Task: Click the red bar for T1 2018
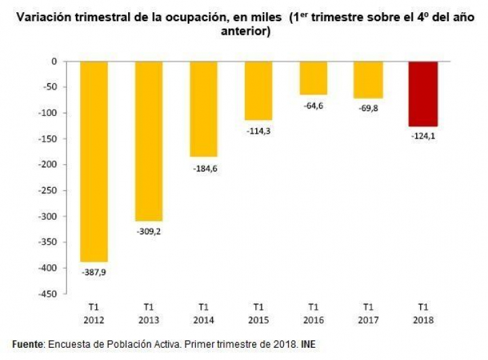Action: [x=423, y=94]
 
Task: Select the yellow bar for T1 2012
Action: [x=94, y=161]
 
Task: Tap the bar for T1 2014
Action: [x=203, y=108]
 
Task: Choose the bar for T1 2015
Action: [x=258, y=90]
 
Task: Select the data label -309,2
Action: [x=148, y=231]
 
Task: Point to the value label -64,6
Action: [x=313, y=105]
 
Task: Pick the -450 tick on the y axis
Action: [x=45, y=294]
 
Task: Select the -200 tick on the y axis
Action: [x=45, y=165]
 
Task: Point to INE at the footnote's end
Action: [x=308, y=346]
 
